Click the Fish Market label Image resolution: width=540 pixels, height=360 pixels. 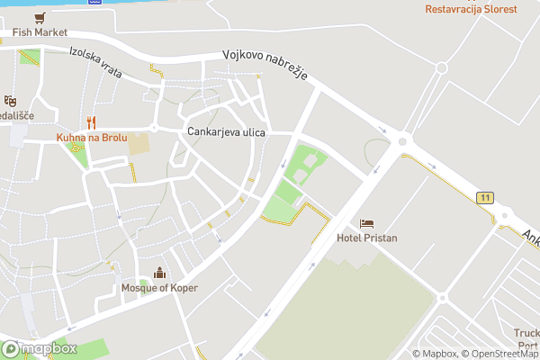point(40,32)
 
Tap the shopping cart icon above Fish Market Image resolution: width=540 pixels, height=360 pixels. point(40,17)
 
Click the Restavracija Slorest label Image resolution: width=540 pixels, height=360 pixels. point(472,9)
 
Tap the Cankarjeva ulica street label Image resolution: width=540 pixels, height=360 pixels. point(226,132)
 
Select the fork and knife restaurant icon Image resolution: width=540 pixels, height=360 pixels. point(91,122)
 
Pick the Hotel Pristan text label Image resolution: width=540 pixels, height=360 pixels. point(366,238)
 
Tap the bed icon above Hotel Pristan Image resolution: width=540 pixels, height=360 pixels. point(366,223)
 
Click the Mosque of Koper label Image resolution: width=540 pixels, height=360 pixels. point(159,288)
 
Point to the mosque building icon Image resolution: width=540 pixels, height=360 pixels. point(160,273)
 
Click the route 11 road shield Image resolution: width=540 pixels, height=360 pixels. point(486,197)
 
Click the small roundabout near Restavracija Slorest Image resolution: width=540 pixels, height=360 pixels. point(441,67)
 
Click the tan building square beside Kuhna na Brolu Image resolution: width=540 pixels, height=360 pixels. point(139,143)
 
